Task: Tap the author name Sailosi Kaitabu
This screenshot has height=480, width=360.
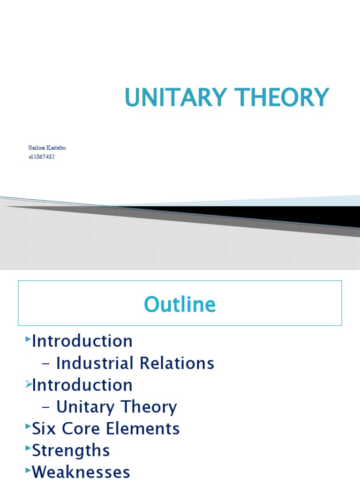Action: (x=47, y=148)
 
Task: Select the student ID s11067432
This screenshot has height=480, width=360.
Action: (x=42, y=157)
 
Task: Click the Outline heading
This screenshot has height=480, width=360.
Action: (x=180, y=305)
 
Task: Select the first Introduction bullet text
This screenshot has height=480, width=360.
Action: (x=82, y=341)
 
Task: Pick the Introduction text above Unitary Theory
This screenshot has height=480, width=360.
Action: (x=82, y=385)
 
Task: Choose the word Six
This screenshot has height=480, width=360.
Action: (x=43, y=428)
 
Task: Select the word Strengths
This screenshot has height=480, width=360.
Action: (x=71, y=450)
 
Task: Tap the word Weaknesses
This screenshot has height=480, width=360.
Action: (x=81, y=472)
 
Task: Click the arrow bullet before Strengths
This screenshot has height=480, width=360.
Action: (x=28, y=449)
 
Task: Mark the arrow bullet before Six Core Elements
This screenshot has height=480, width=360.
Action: (x=28, y=427)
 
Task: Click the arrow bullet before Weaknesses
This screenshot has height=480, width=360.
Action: (x=28, y=470)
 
